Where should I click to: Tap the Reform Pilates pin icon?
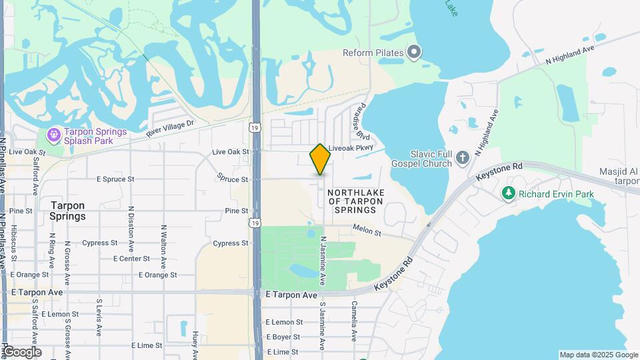[x=414, y=53]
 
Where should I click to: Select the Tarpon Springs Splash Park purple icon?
[x=53, y=135]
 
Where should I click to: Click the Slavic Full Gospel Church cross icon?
[x=463, y=159]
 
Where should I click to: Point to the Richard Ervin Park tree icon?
[x=509, y=193]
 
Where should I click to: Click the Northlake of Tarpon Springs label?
[x=356, y=201]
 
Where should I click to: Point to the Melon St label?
[x=367, y=233]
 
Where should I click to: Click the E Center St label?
[x=131, y=259]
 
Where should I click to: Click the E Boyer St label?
[x=285, y=337]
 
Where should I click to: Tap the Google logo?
[x=22, y=352]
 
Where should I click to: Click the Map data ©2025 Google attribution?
[x=598, y=355]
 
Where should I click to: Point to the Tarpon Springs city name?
[x=67, y=211]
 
